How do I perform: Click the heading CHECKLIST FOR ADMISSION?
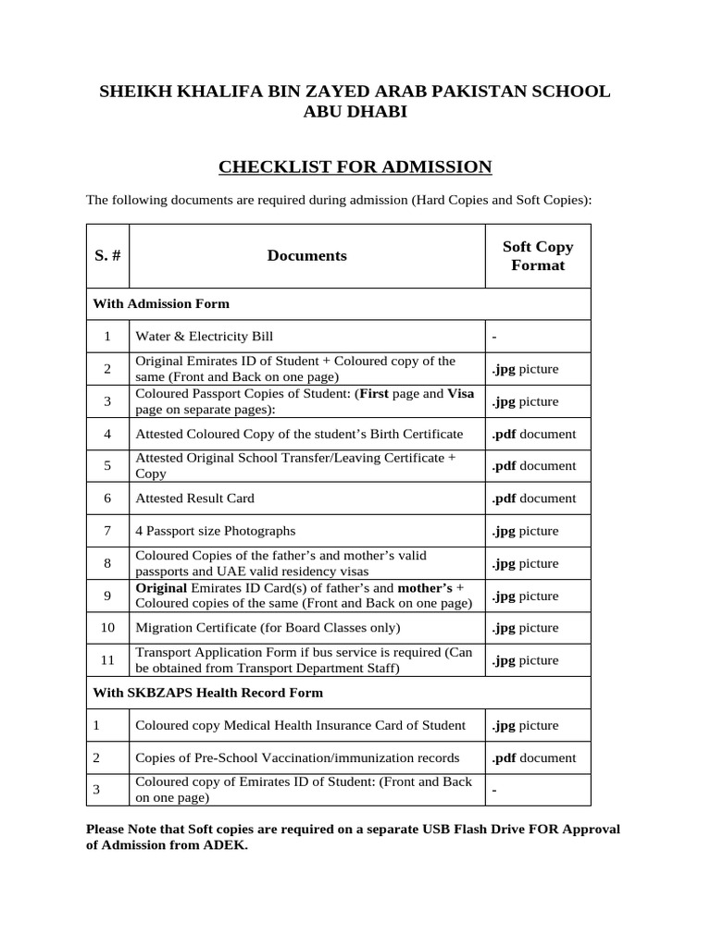[355, 167]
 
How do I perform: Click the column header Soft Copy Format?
[537, 256]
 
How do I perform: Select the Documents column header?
[306, 256]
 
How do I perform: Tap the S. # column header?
[107, 256]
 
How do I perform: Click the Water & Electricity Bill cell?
[205, 337]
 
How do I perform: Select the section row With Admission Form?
[162, 303]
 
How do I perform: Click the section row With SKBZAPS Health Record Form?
[208, 692]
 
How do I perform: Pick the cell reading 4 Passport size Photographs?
[216, 531]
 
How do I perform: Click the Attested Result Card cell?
[194, 498]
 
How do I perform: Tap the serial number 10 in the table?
[107, 628]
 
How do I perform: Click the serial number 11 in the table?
[107, 660]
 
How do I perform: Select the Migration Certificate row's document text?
[268, 628]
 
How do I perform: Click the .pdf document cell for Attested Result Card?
[533, 498]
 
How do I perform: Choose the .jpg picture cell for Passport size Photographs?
[525, 531]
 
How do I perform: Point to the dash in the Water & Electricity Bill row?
[495, 337]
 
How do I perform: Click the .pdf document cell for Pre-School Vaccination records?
[533, 757]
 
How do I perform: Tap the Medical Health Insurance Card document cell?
[300, 725]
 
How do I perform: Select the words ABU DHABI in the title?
[355, 112]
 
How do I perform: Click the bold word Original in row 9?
[161, 588]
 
